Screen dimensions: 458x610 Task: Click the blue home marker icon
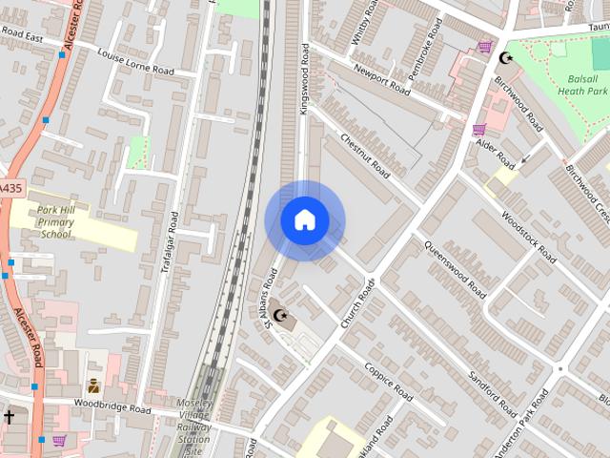(x=304, y=220)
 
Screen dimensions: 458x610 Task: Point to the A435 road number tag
(x=9, y=189)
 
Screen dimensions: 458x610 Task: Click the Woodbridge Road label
(x=112, y=408)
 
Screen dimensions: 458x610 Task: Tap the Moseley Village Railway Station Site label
(x=193, y=426)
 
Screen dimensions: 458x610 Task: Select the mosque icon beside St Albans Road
(x=279, y=315)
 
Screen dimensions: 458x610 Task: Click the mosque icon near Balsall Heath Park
(x=504, y=59)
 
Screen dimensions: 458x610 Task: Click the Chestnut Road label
(x=365, y=156)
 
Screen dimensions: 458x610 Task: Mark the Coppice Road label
(x=388, y=379)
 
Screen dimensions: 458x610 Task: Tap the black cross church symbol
(x=9, y=417)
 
